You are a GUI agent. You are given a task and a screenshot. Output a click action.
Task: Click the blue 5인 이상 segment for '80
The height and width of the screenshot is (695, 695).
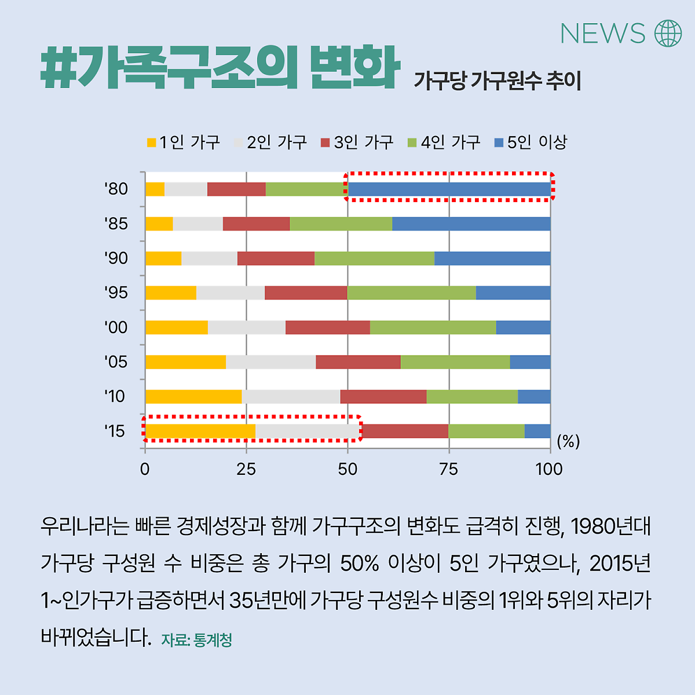coord(449,189)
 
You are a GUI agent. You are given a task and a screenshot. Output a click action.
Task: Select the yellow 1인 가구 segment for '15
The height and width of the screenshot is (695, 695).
coord(200,431)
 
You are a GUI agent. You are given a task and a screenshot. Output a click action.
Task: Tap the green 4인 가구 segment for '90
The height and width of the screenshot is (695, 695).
coord(374,258)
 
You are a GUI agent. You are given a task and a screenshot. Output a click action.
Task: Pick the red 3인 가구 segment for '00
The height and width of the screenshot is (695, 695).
coord(328,327)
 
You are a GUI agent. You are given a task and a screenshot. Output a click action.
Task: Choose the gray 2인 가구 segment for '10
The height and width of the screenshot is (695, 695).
coord(291,397)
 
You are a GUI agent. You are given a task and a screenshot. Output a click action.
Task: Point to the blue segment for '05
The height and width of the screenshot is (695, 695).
coord(530,362)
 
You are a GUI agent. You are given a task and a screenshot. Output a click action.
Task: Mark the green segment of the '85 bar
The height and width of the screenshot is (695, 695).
coord(341,224)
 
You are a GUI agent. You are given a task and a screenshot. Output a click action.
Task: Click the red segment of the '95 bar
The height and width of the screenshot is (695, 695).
coord(306,292)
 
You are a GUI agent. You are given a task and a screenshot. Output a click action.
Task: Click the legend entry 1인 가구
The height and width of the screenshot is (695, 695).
coord(184,142)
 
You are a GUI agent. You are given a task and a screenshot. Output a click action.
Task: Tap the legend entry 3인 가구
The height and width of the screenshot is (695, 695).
coord(357,142)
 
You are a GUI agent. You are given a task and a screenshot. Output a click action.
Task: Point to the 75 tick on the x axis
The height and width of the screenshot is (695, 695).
coord(449,469)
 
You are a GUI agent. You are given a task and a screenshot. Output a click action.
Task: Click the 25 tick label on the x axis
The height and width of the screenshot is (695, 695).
coord(246,469)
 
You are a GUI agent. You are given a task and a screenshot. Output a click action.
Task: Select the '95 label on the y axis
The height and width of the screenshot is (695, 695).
coord(116,292)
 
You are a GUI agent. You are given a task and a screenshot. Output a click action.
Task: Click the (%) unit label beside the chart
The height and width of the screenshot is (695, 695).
coord(568,442)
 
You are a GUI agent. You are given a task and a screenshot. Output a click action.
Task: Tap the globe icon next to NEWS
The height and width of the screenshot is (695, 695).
coord(668,33)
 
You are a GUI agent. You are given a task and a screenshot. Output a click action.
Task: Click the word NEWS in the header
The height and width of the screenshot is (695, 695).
coord(602,34)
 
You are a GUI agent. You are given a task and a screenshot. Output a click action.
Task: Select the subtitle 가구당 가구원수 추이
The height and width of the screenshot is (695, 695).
coord(497,81)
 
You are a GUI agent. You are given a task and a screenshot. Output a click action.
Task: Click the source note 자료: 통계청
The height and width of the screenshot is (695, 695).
coord(196,640)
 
